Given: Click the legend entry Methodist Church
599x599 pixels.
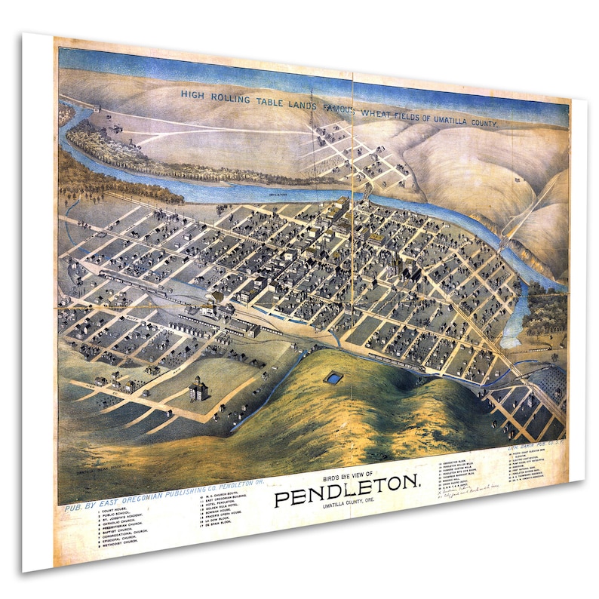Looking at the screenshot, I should click(x=121, y=542).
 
